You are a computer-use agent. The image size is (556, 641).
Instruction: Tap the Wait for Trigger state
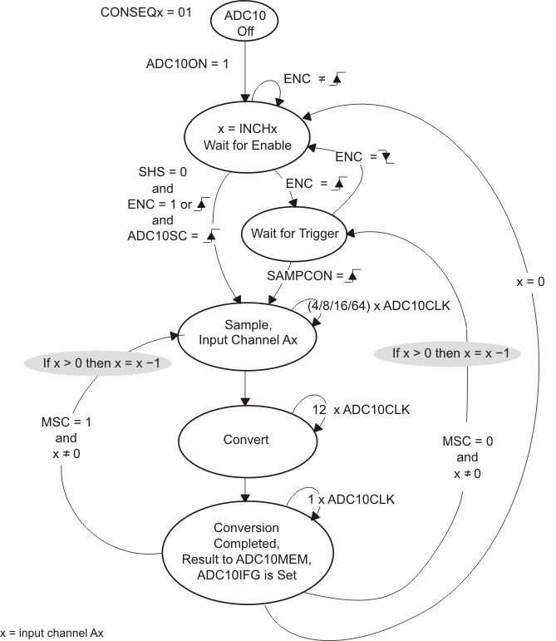(x=295, y=234)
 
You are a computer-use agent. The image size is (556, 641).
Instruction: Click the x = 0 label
(x=530, y=282)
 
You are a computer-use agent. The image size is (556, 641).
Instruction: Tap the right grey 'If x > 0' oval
(x=457, y=353)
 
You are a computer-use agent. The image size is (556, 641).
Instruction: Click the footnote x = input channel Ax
(x=52, y=633)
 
